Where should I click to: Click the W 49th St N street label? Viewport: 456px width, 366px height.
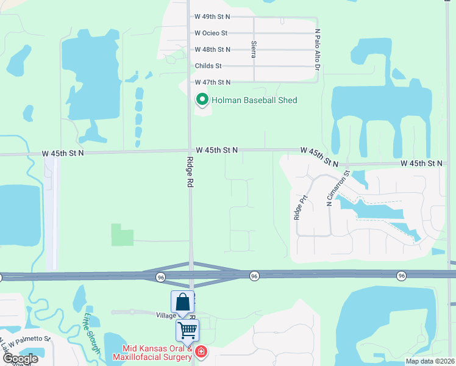coord(213,17)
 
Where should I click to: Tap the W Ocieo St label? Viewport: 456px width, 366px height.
coord(211,33)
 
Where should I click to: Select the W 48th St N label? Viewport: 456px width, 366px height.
coord(213,49)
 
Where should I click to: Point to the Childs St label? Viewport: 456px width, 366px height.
coord(208,66)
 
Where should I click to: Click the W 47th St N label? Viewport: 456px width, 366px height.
coord(213,82)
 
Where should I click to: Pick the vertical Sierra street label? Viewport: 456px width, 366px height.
coord(253,49)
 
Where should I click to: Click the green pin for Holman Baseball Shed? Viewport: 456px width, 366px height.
coord(201,99)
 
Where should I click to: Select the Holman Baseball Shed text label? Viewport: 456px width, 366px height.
coord(254,100)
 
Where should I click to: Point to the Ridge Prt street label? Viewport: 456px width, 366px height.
coord(297,207)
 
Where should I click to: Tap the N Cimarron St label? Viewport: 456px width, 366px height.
coord(339,187)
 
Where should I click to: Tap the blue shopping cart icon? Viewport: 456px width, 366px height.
coord(188,331)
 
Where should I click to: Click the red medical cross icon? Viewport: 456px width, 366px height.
coord(201,352)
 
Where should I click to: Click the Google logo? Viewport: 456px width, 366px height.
coord(20,359)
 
